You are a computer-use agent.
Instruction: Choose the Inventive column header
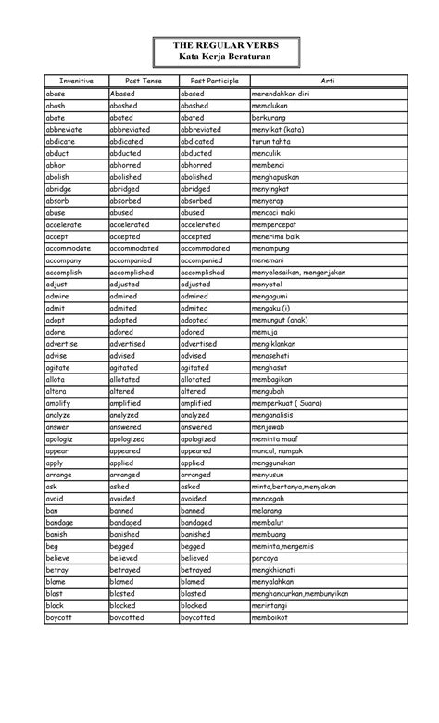tap(75, 82)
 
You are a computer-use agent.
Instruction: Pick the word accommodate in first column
tap(69, 248)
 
